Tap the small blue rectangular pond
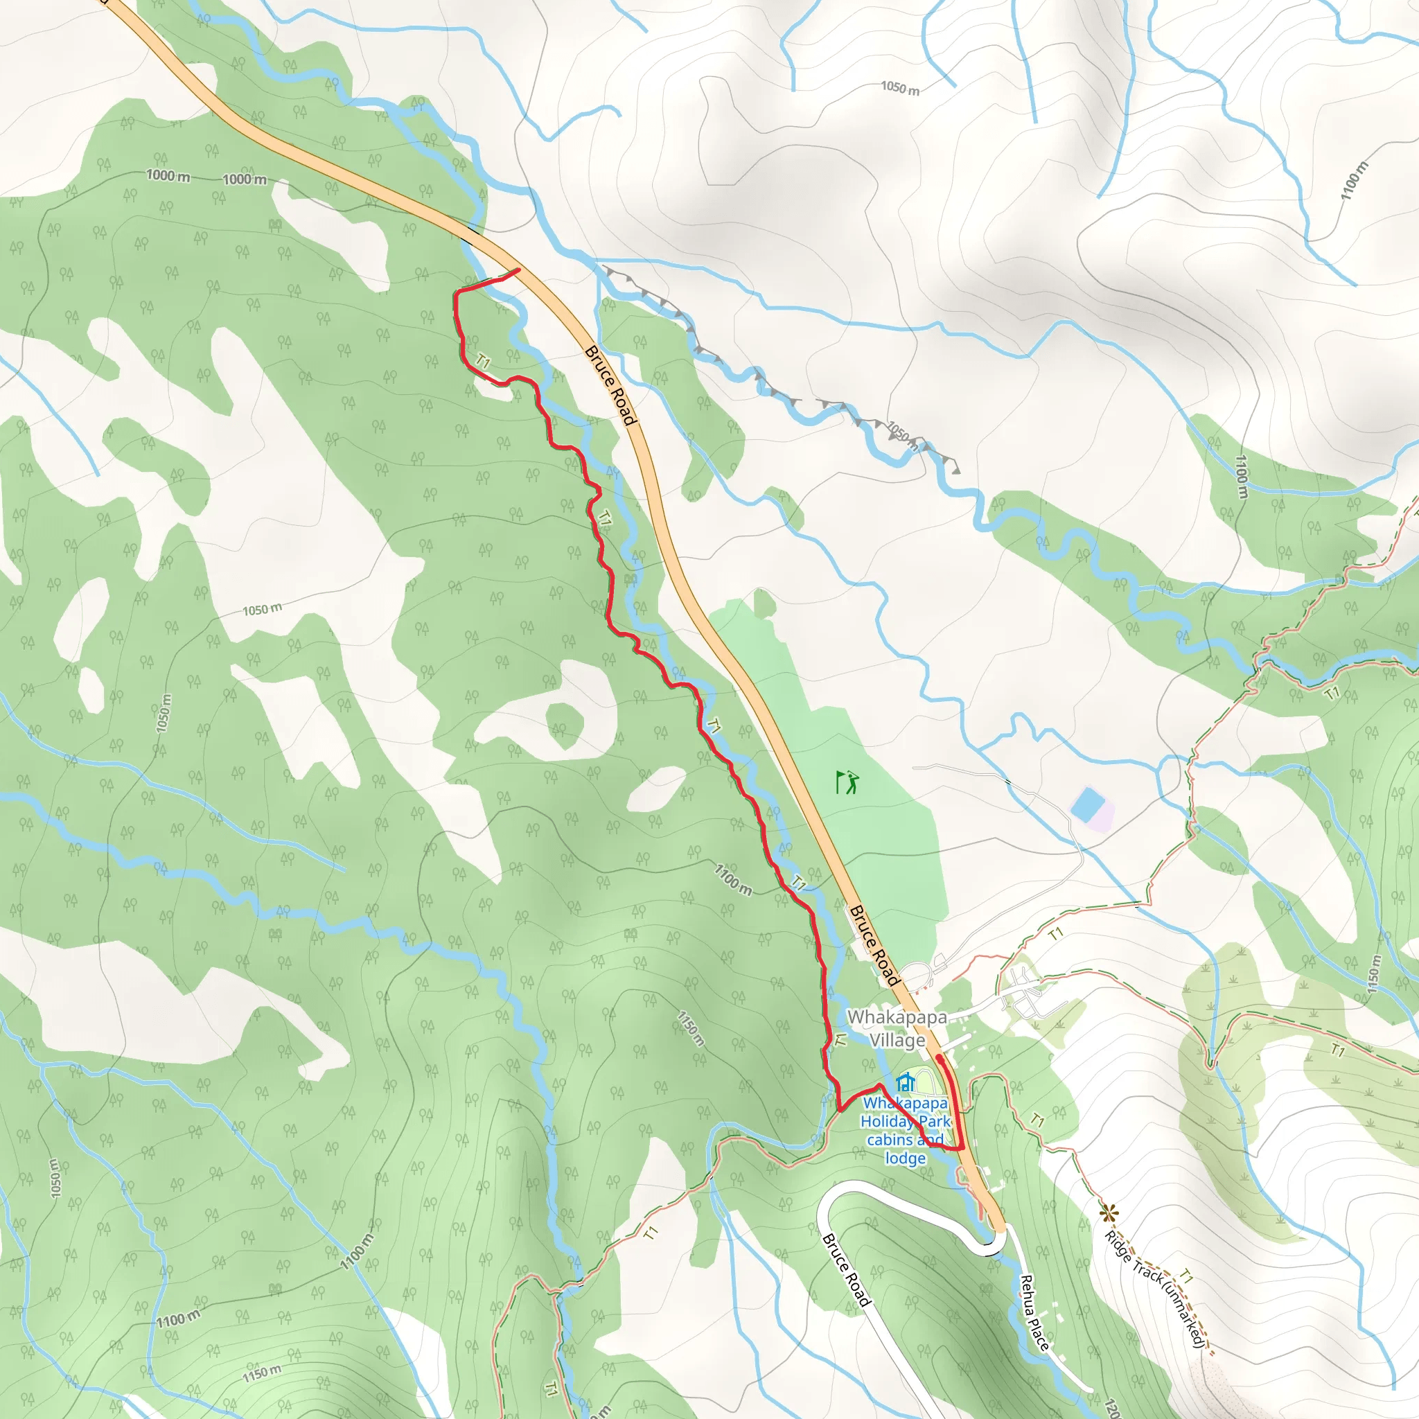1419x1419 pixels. tap(1088, 805)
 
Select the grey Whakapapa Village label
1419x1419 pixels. tap(897, 1028)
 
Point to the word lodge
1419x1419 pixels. tap(905, 1158)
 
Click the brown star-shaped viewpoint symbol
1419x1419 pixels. tap(1109, 1213)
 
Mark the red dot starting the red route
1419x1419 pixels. tap(940, 1059)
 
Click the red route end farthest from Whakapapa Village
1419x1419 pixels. tap(519, 270)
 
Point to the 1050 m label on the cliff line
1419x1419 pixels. tap(902, 435)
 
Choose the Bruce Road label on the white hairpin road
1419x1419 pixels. tap(846, 1271)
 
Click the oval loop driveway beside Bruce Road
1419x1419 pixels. tap(918, 977)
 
